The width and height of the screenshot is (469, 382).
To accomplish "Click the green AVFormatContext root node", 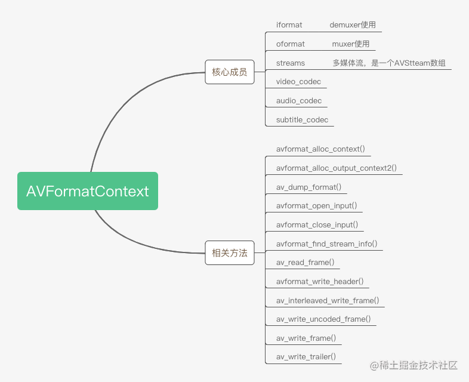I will pos(88,191).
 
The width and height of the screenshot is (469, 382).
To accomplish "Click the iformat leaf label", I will pos(289,25).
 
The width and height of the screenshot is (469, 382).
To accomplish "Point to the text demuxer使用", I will pos(353,25).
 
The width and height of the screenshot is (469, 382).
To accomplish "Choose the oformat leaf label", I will pos(291,44).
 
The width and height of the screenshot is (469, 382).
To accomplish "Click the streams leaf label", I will pos(291,63).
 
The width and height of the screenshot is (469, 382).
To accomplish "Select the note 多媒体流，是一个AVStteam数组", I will pos(389,63).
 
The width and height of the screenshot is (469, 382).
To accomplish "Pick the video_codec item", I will pos(298,82).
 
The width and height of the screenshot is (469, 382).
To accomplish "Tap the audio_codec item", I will pos(299,101).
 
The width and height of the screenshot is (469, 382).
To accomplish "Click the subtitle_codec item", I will pos(302,120).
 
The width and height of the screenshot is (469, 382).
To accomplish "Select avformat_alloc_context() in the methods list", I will pos(320,149).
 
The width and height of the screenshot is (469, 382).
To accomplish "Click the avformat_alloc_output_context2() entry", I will pos(337,168).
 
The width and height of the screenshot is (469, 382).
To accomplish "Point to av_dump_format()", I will pos(308,187).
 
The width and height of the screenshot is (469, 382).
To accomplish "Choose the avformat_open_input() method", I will pos(317,206).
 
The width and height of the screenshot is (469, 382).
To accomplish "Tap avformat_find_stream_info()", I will pos(326,244).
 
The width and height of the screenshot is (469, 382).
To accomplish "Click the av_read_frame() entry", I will pos(305,263).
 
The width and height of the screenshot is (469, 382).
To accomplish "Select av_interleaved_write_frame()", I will pos(328,301).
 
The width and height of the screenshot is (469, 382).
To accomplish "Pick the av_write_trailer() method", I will pos(306,358).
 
